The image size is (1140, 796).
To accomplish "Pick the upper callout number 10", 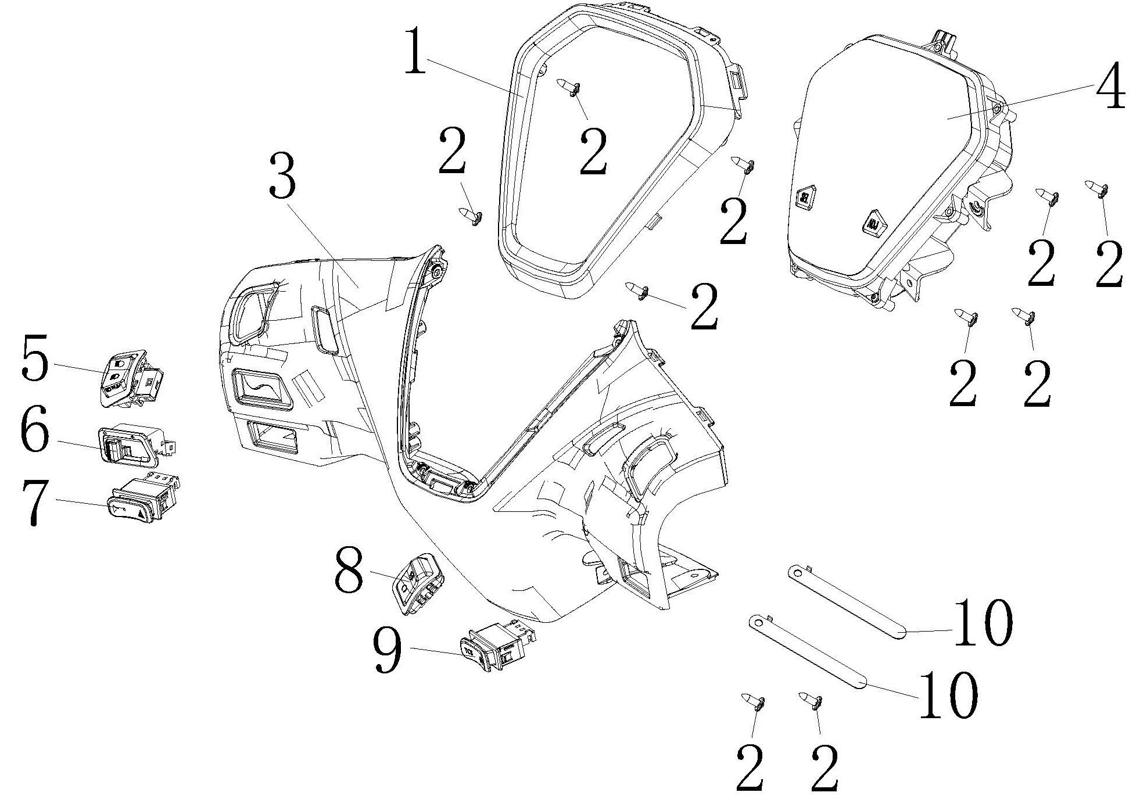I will click(x=983, y=623).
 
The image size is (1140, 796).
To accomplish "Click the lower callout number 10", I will click(x=948, y=694).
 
